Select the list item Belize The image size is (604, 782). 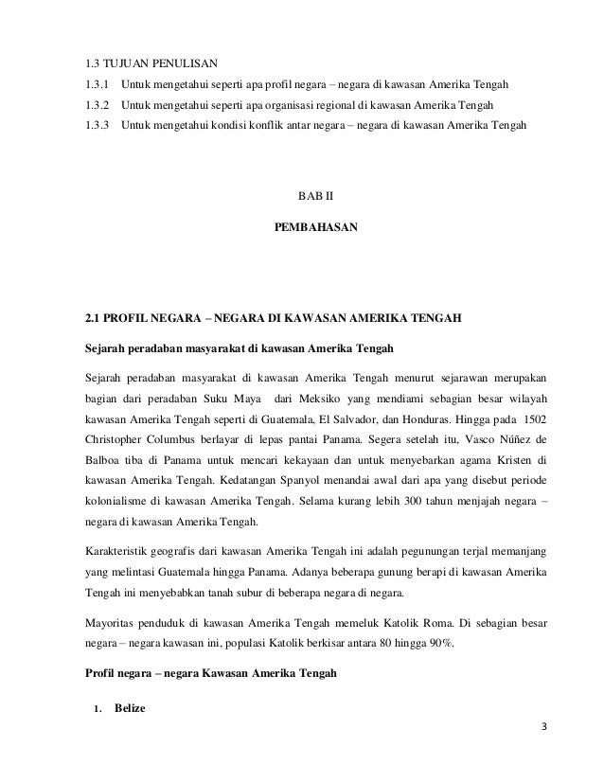[130, 708]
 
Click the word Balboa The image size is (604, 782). [104, 461]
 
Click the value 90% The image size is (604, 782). [438, 645]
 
